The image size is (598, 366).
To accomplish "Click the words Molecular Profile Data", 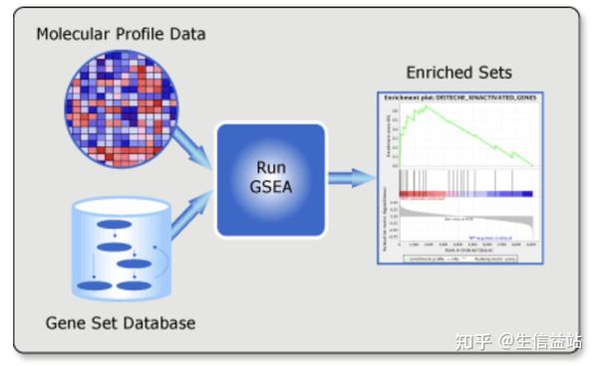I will pos(121,34).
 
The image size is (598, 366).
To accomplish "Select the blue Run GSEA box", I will pos(270,179).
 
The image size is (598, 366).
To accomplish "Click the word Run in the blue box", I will pos(270,167).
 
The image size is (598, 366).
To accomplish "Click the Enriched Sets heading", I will pos(458,73).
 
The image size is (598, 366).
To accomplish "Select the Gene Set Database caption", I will pos(121,323).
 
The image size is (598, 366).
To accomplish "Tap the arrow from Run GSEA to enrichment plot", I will pos(351,178).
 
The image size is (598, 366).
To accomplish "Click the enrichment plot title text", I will pos(458,97).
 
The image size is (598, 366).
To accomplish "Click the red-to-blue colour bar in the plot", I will pos(465,194).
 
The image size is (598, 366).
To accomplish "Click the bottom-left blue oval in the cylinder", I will pos(97,286).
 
